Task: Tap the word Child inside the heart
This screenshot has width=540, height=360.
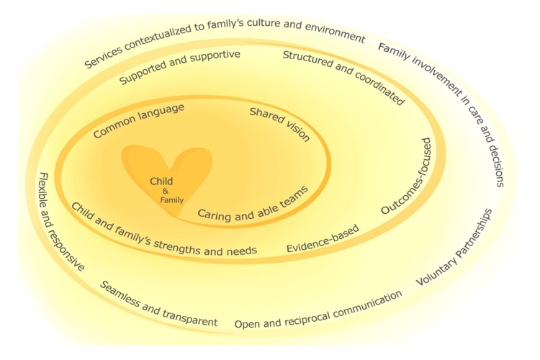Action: [x=161, y=181]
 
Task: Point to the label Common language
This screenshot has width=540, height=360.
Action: [x=139, y=120]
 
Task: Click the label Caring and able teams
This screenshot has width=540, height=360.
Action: [x=253, y=203]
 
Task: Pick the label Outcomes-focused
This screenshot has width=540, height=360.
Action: [x=408, y=176]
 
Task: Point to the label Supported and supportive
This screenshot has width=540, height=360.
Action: [x=180, y=66]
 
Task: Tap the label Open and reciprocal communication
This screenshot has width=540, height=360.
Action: [x=318, y=310]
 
